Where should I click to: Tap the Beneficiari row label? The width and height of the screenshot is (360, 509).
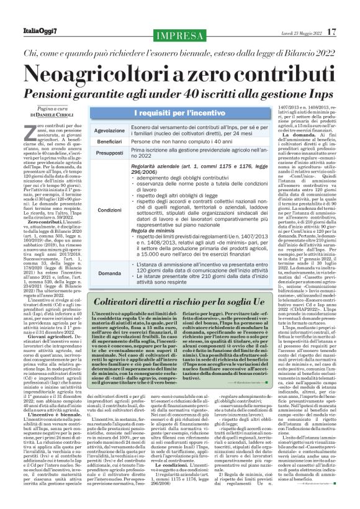pyautogui.click(x=109, y=142)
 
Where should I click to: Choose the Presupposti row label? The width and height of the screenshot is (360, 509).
pyautogui.click(x=109, y=153)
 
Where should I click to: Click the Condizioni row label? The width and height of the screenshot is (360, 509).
pyautogui.click(x=109, y=210)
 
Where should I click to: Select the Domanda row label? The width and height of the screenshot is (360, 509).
pyautogui.click(x=109, y=273)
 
